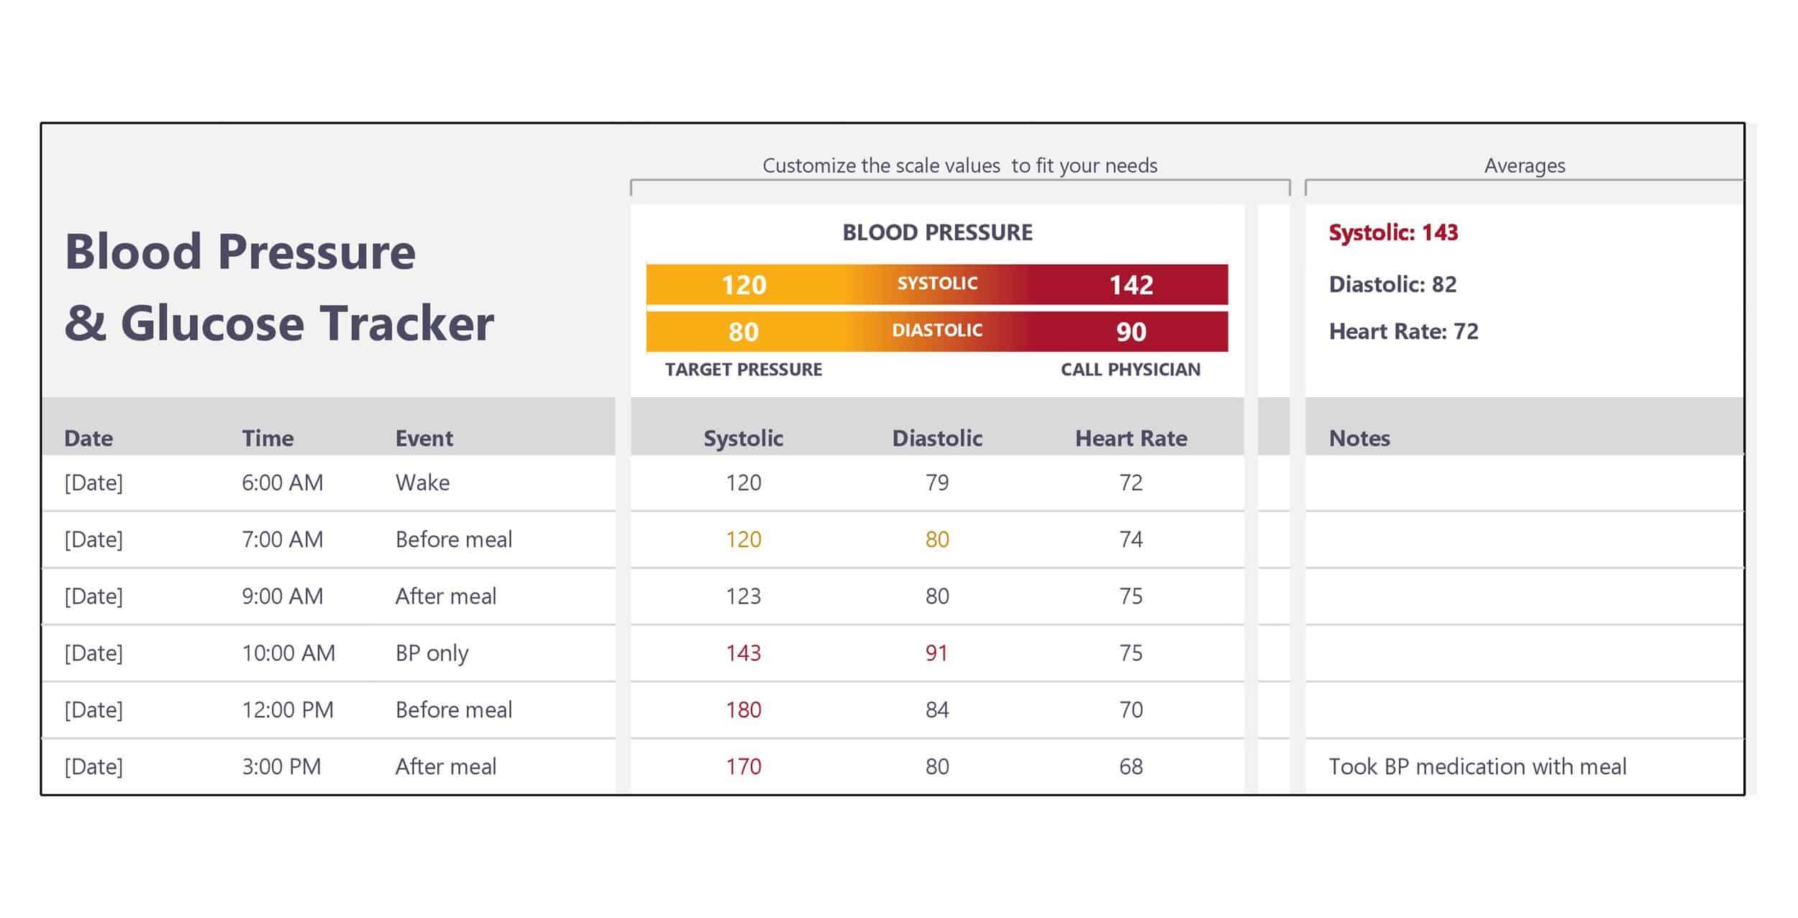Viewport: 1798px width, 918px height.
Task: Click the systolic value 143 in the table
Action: pos(743,653)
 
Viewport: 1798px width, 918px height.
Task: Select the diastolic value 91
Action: pos(936,653)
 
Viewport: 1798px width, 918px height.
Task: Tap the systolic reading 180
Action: pos(743,709)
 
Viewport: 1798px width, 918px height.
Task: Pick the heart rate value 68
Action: pos(1131,766)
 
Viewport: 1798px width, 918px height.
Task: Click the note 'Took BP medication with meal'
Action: pos(1477,766)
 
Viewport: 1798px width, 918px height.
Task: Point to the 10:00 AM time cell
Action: pos(288,653)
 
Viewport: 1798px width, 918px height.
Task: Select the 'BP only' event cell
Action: pos(432,653)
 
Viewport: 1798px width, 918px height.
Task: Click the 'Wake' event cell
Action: pos(422,482)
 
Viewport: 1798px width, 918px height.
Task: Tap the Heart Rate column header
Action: pos(1131,438)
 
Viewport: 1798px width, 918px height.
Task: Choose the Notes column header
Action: pos(1359,438)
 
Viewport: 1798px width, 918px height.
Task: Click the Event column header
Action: pos(424,438)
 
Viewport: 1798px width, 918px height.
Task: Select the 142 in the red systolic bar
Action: pos(1131,285)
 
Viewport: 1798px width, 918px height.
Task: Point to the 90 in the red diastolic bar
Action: pos(1131,332)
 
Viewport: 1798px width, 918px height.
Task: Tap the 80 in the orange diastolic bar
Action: pos(743,332)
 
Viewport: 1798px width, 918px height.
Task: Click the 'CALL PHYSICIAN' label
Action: pos(1130,370)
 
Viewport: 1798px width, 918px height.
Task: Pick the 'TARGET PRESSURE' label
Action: pos(743,370)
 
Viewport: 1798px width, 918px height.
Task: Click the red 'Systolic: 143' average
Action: pos(1393,232)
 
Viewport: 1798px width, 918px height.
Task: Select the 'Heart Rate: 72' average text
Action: pos(1403,331)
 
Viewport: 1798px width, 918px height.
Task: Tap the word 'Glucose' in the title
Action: pos(212,323)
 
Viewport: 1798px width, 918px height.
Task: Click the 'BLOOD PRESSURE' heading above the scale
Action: pos(937,232)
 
